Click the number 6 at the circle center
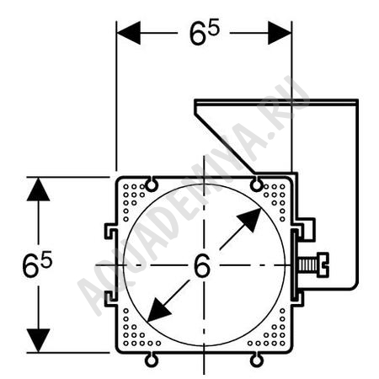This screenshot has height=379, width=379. pyautogui.click(x=202, y=265)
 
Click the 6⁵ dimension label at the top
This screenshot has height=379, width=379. pyautogui.click(x=204, y=33)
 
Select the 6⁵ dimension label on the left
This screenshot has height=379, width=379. pyautogui.click(x=37, y=264)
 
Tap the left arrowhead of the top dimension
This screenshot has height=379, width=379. pyautogui.click(x=129, y=33)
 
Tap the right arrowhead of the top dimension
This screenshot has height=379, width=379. pyautogui.click(x=280, y=33)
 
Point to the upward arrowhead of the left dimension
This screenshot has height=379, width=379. pyautogui.click(x=39, y=189)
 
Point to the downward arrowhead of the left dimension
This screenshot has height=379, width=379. pyautogui.click(x=39, y=340)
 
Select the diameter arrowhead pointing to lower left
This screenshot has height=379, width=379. pyautogui.click(x=159, y=310)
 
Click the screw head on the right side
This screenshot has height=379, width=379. pyautogui.click(x=323, y=265)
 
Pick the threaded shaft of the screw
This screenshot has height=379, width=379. pyautogui.click(x=308, y=265)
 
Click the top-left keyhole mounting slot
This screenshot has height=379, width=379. pyautogui.click(x=152, y=184)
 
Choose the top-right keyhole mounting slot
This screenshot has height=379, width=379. pyautogui.click(x=257, y=184)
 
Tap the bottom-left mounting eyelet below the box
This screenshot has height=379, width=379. pyautogui.click(x=152, y=360)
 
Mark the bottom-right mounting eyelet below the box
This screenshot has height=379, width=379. pyautogui.click(x=257, y=360)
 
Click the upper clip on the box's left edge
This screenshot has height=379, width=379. pyautogui.click(x=111, y=232)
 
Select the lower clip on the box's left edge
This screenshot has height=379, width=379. pyautogui.click(x=111, y=299)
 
